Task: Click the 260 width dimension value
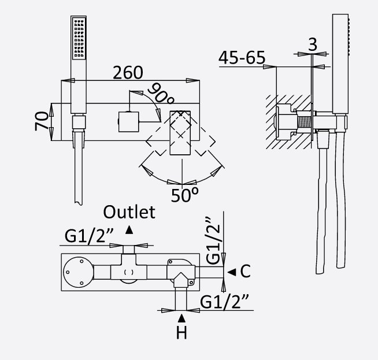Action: (x=128, y=73)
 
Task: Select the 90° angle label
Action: (x=158, y=93)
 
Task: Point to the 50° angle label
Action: (x=184, y=194)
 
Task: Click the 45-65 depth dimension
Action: (x=242, y=58)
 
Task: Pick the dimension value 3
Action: (x=312, y=44)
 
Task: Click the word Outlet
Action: (x=129, y=212)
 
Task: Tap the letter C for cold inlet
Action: (x=245, y=270)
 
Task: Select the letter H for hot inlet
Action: (x=183, y=333)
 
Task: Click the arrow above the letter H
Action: (x=183, y=318)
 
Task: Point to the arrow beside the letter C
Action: (x=231, y=271)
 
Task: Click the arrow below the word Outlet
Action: (x=129, y=229)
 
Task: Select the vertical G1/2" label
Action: (x=214, y=237)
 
